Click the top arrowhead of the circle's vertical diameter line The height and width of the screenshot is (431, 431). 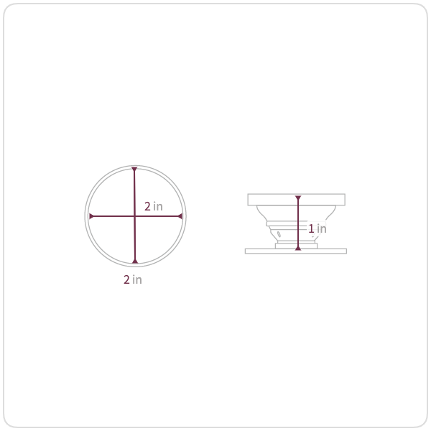(x=134, y=169)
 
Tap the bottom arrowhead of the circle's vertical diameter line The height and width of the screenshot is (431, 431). (x=135, y=261)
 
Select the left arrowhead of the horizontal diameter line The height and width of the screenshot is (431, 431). (x=91, y=216)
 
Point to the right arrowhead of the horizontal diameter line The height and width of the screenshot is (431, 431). (x=180, y=216)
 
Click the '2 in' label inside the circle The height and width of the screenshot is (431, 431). (x=154, y=206)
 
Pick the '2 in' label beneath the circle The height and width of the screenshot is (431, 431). (x=133, y=280)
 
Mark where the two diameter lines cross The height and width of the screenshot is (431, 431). (x=134, y=216)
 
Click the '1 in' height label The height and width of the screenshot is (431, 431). (x=318, y=228)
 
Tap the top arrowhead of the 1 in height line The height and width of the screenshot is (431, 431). (x=298, y=198)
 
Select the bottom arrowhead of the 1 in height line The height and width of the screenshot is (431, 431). (x=298, y=249)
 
